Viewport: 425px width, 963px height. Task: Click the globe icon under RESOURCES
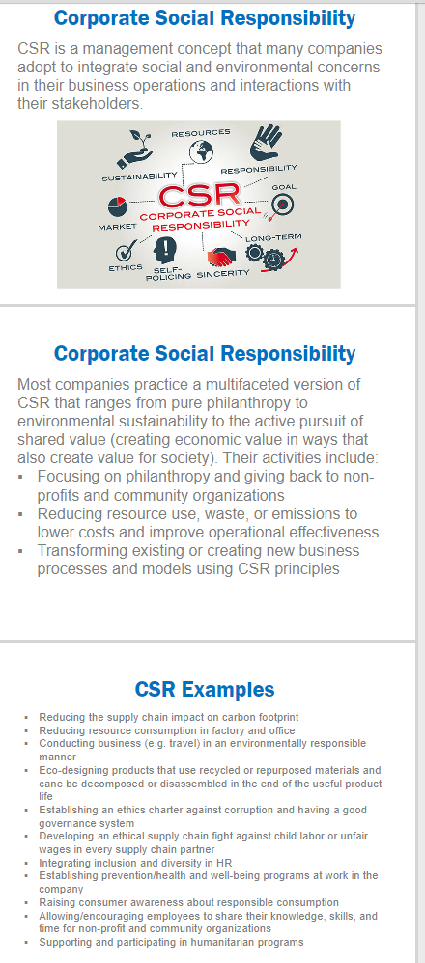click(201, 151)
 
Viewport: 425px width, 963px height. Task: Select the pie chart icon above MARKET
click(117, 206)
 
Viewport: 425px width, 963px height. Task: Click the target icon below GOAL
click(282, 204)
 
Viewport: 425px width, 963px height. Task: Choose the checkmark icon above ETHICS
click(126, 251)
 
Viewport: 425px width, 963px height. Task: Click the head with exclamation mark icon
click(165, 250)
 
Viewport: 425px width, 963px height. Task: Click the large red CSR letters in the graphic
click(198, 196)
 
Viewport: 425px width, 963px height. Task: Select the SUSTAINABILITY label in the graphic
click(139, 178)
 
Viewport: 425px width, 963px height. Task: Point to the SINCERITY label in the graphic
click(223, 273)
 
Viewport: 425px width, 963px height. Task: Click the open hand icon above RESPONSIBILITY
click(265, 143)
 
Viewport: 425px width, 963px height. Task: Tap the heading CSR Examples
click(205, 689)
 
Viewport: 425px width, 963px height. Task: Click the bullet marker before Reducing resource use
click(21, 513)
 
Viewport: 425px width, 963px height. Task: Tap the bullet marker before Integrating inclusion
click(26, 863)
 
